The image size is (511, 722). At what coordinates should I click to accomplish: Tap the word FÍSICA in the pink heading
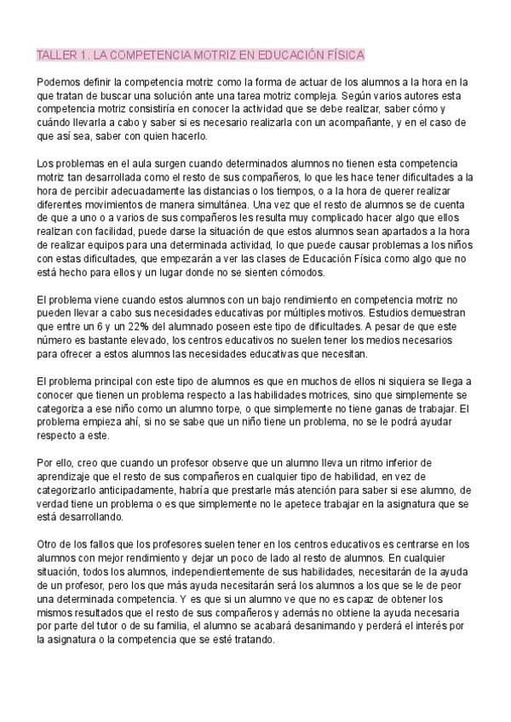coord(345,55)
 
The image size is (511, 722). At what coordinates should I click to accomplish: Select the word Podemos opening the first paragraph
coord(61,83)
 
